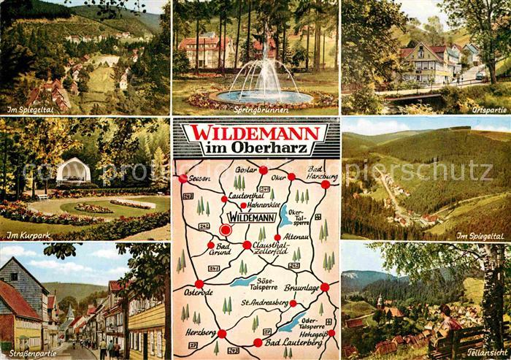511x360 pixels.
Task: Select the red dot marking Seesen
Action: [x=182, y=178]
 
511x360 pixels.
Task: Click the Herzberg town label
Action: [x=202, y=332]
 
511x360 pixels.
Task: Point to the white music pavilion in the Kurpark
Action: [x=73, y=172]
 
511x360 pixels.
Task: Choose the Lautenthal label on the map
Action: [x=246, y=196]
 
